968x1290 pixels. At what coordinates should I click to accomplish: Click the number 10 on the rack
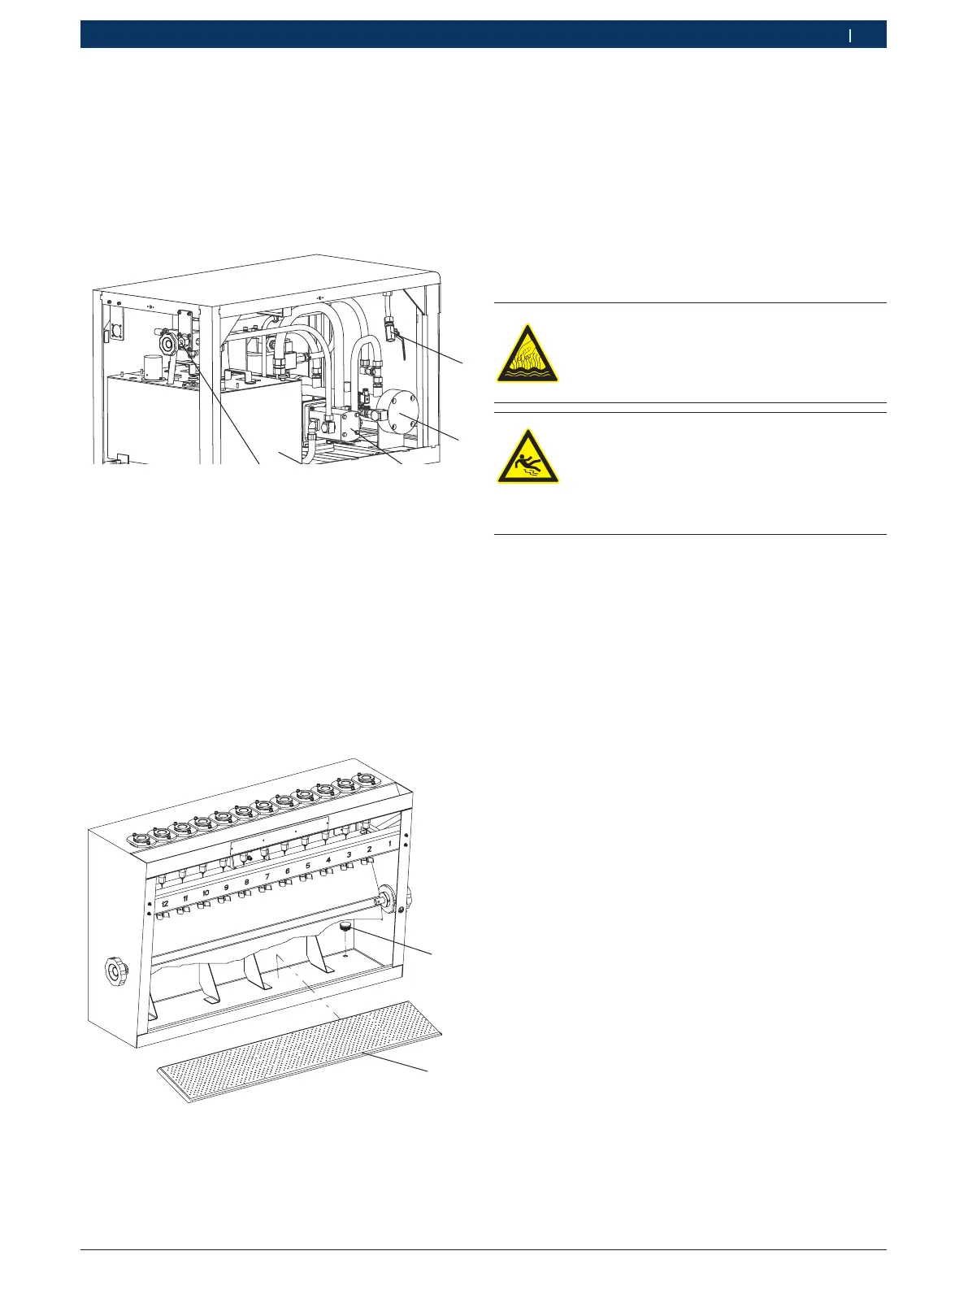(206, 893)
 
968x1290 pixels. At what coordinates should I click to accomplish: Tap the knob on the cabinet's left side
(114, 971)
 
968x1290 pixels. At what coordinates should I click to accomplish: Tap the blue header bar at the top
(483, 35)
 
